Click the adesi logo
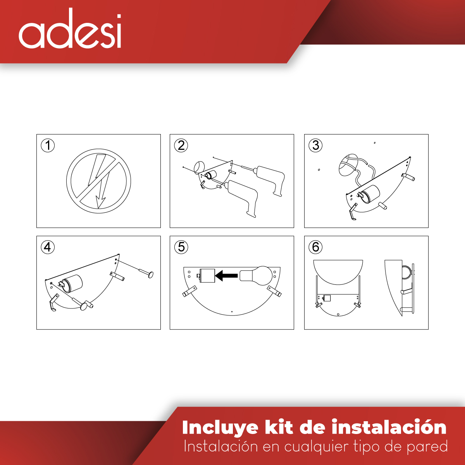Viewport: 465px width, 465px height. pos(70,30)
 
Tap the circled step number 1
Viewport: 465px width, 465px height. pos(48,146)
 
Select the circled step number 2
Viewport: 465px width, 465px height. pos(181,146)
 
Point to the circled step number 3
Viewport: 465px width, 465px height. pos(315,146)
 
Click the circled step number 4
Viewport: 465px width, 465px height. pos(48,247)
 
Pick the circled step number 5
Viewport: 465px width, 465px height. pos(181,247)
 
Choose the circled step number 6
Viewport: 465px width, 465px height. pos(315,247)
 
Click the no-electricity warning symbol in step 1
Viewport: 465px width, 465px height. pos(98,181)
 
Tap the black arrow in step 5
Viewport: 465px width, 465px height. pos(226,276)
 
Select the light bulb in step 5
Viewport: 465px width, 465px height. pos(256,275)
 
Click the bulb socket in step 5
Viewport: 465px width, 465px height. pos(207,276)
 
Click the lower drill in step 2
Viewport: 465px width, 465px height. pos(240,196)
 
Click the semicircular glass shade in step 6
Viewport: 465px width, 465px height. pos(338,271)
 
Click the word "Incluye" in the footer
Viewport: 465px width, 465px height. pos(220,428)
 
